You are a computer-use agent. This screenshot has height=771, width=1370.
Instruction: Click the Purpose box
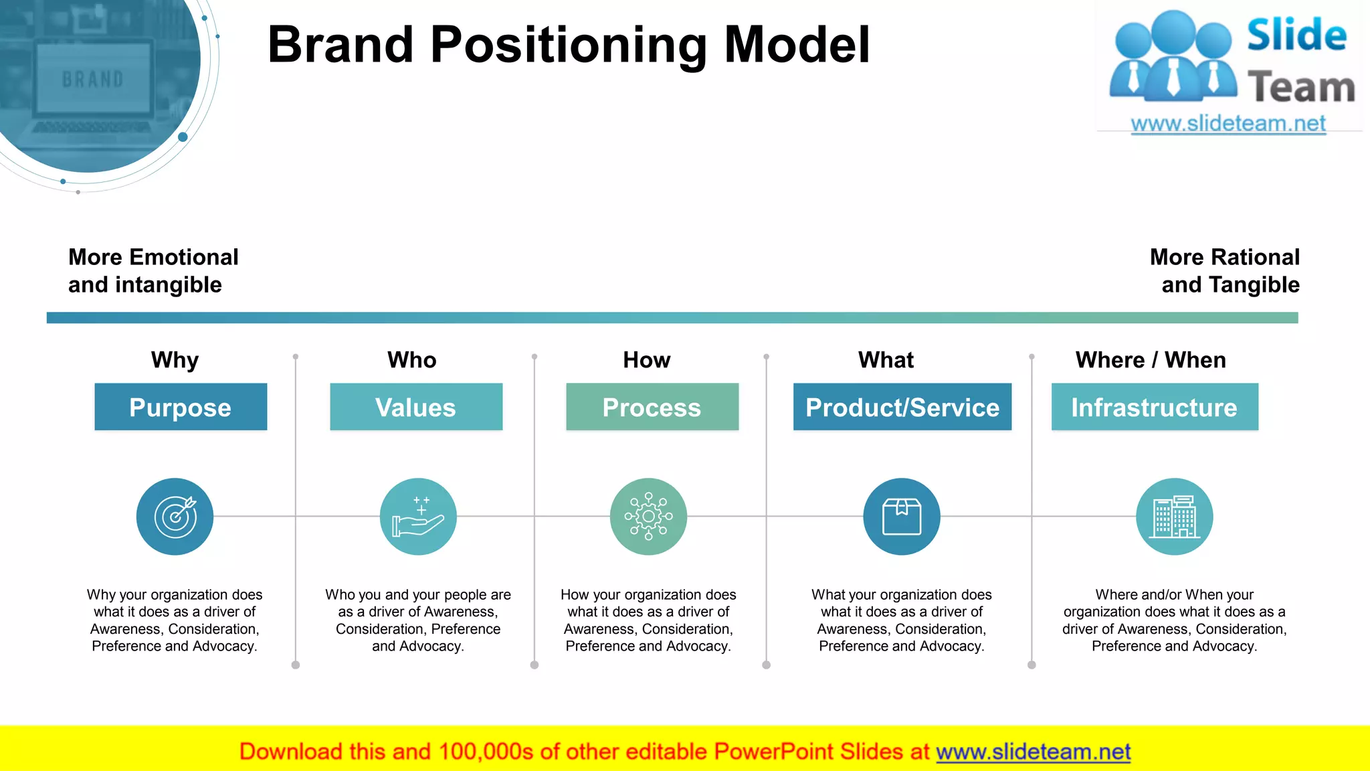pos(181,407)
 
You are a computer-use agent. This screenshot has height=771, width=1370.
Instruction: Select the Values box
pos(416,407)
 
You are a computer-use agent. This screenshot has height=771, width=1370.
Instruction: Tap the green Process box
pos(652,407)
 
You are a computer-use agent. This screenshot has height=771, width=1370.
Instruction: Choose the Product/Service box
pos(902,407)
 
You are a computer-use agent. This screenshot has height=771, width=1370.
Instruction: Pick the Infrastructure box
pos(1155,407)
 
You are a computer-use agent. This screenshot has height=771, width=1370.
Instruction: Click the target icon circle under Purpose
pos(175,517)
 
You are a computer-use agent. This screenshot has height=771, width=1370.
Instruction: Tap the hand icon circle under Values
pos(418,517)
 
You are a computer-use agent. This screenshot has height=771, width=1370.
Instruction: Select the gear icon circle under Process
pos(648,517)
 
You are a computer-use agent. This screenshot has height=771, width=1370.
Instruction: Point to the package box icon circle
pos(902,517)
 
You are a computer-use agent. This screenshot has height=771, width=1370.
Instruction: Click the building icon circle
pos(1174,517)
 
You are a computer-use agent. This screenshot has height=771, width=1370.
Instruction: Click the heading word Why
pos(175,360)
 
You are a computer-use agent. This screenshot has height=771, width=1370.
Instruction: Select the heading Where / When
pos(1151,360)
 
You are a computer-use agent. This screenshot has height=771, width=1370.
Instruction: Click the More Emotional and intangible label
pos(153,271)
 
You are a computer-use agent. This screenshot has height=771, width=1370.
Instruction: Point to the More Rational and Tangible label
pos(1224,271)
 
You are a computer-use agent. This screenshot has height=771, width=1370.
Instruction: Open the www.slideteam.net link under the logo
pos(1228,124)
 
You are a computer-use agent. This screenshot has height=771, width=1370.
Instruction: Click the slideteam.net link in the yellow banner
pos(1033,752)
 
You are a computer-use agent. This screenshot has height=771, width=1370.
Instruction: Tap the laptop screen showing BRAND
pos(93,79)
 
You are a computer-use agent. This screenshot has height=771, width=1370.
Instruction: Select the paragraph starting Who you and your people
pos(418,620)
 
